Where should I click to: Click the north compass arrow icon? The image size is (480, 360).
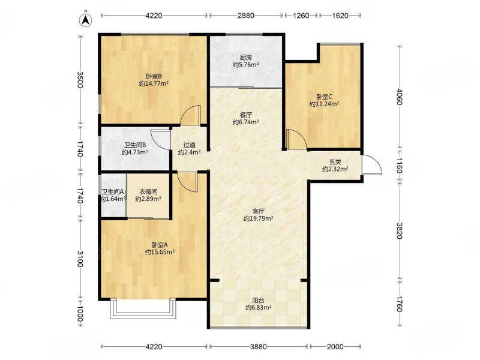pyautogui.click(x=86, y=19)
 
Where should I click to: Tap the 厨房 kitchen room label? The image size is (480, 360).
pyautogui.click(x=246, y=57)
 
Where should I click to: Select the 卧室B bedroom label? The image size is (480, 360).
pyautogui.click(x=154, y=76)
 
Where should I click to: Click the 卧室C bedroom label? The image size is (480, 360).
pyautogui.click(x=324, y=97)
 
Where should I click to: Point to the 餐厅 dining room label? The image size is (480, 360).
pyautogui.click(x=246, y=115)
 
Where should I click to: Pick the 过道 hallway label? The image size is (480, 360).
pyautogui.click(x=189, y=145)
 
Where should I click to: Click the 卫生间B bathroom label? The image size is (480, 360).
pyautogui.click(x=134, y=145)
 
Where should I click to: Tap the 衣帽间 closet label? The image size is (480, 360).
pyautogui.click(x=148, y=192)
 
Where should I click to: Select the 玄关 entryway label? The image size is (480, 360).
pyautogui.click(x=335, y=161)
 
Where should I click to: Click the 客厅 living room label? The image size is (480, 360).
pyautogui.click(x=259, y=211)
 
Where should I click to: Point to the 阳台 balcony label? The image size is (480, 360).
pyautogui.click(x=259, y=301)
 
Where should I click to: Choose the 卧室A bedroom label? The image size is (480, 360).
pyautogui.click(x=160, y=245)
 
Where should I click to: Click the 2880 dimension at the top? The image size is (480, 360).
pyautogui.click(x=246, y=16)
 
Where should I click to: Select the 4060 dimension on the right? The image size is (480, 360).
pyautogui.click(x=399, y=97)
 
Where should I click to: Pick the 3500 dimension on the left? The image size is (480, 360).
pyautogui.click(x=80, y=80)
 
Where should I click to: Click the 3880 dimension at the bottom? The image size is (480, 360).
pyautogui.click(x=259, y=347)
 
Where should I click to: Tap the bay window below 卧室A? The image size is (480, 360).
pyautogui.click(x=143, y=313)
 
